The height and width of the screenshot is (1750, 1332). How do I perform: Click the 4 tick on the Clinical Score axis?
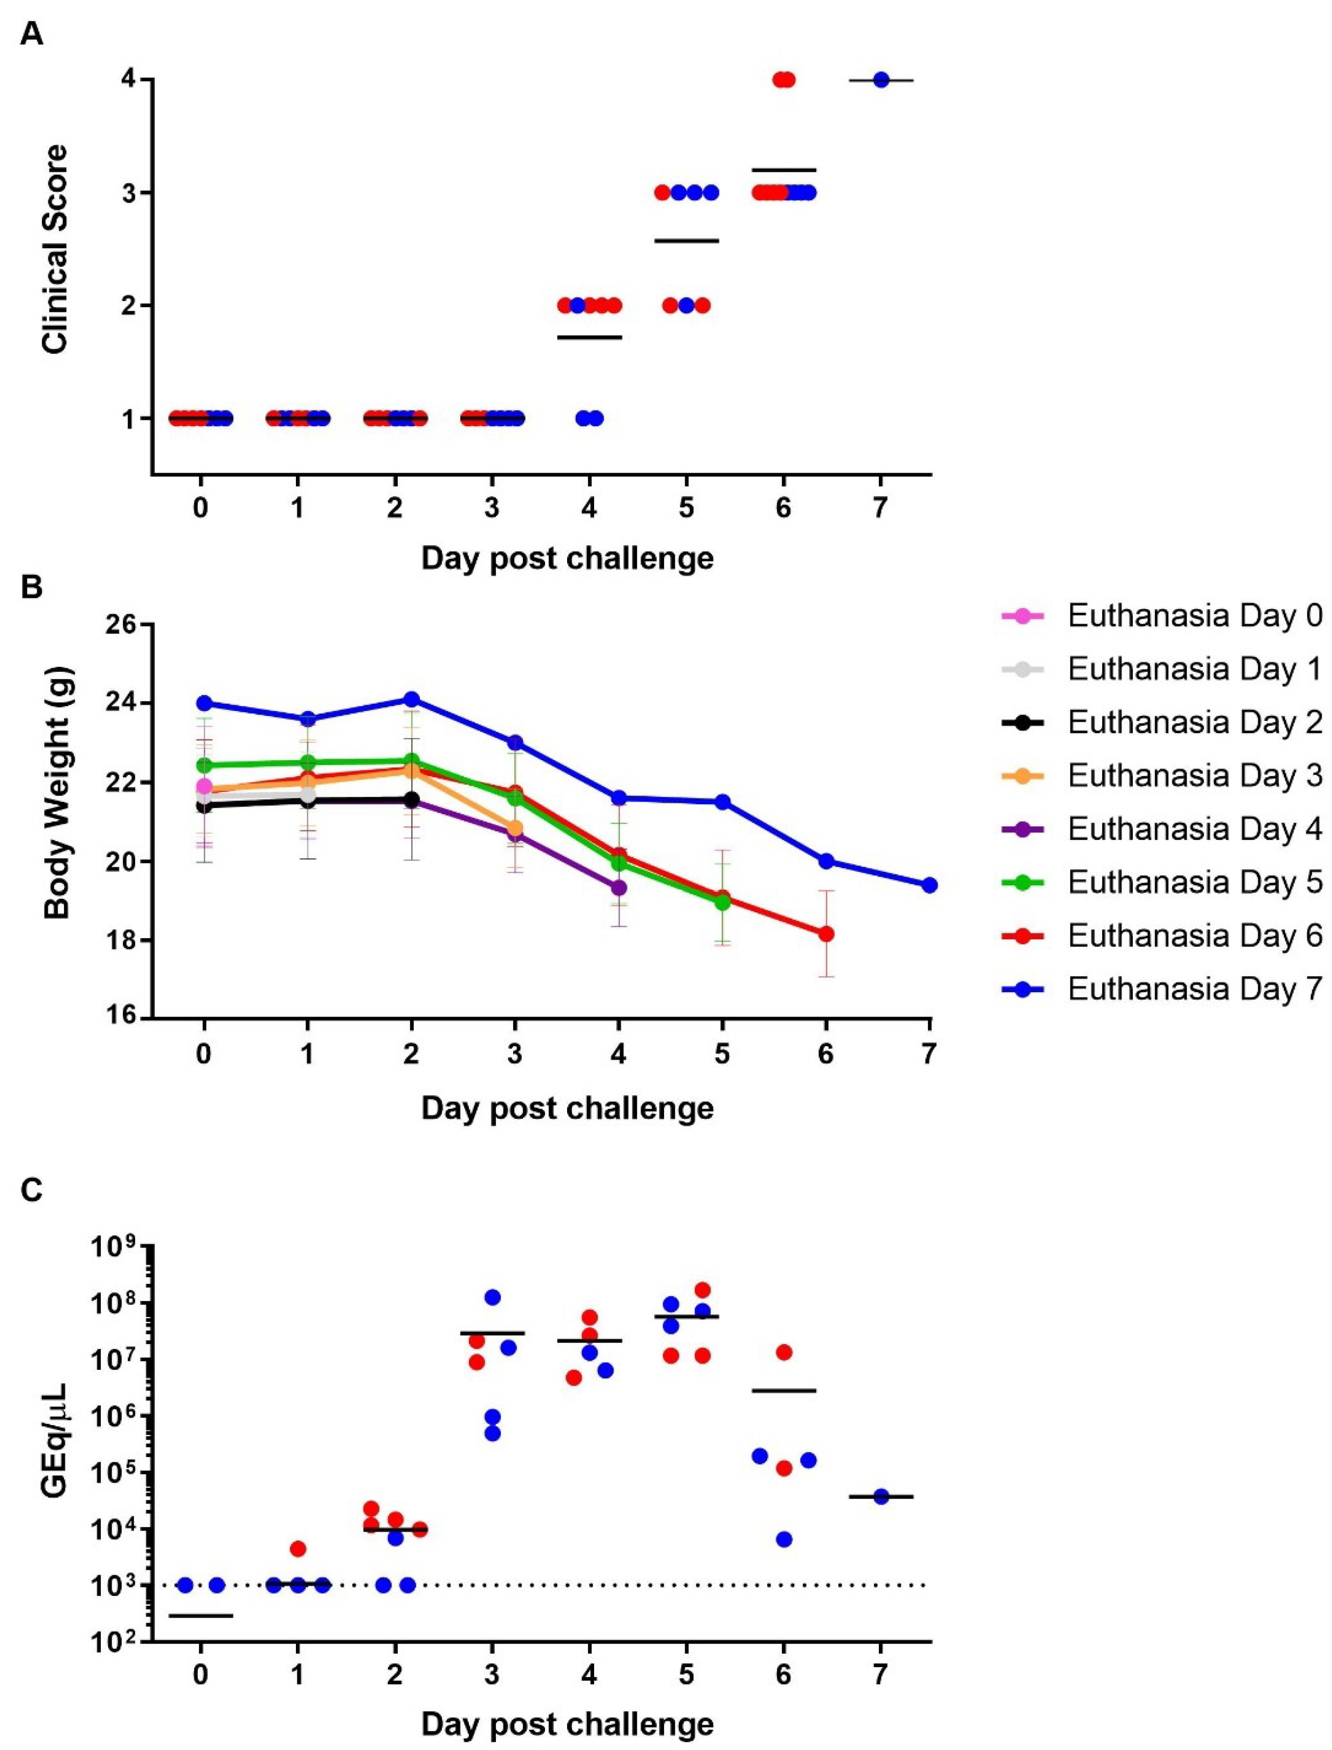(127, 80)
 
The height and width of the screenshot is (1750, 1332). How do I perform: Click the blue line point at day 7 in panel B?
(929, 885)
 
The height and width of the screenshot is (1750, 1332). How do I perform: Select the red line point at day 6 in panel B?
(826, 934)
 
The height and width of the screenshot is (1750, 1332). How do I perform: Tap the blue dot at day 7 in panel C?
(881, 1496)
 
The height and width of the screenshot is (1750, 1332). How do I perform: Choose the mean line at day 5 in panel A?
(686, 240)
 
